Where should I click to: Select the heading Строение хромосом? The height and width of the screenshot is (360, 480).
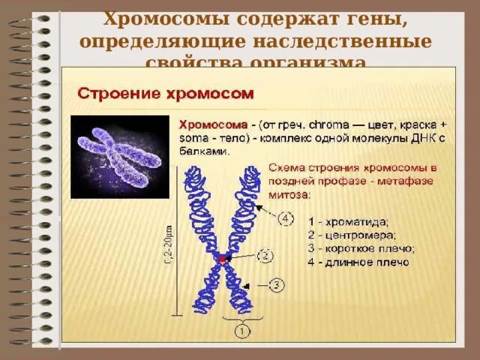(x=166, y=94)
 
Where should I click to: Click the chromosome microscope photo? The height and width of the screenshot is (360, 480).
(x=119, y=156)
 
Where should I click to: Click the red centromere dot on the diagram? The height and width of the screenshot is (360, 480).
(x=222, y=258)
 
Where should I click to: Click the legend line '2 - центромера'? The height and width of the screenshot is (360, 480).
(x=350, y=235)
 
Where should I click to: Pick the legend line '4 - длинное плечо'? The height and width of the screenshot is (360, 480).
(x=358, y=262)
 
